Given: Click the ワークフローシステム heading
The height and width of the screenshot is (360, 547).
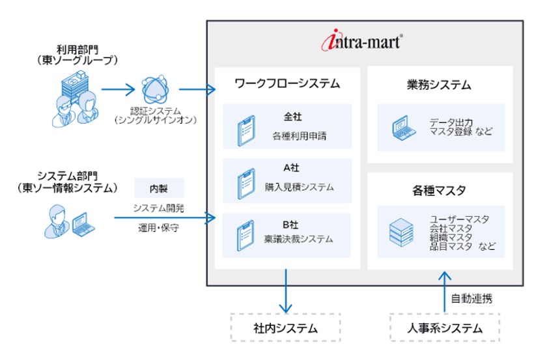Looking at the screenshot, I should pyautogui.click(x=287, y=84).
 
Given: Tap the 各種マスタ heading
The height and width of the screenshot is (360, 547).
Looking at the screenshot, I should pyautogui.click(x=438, y=191).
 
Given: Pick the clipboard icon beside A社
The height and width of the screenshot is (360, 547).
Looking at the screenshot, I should pyautogui.click(x=244, y=183).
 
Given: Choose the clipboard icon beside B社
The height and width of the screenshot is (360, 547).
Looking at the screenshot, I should pyautogui.click(x=244, y=236).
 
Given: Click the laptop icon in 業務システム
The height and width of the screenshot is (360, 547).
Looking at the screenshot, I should pyautogui.click(x=402, y=126).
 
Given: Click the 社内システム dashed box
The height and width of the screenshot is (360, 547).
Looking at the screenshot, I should pyautogui.click(x=286, y=327).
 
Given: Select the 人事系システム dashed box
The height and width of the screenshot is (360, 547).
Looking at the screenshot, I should pyautogui.click(x=445, y=327).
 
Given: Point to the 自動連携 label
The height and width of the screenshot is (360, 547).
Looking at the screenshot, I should pyautogui.click(x=472, y=299).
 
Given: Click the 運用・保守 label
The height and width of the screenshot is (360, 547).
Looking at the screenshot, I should pyautogui.click(x=159, y=228).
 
